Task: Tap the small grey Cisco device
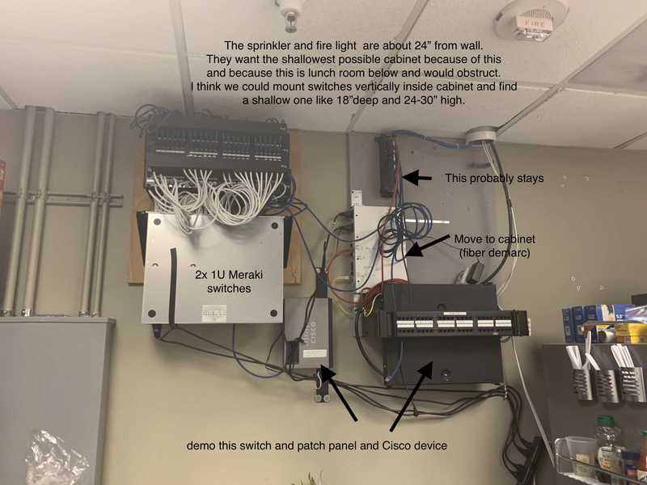[307, 331]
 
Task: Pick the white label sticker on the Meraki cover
[215, 309]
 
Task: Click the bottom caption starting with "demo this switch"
[317, 445]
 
